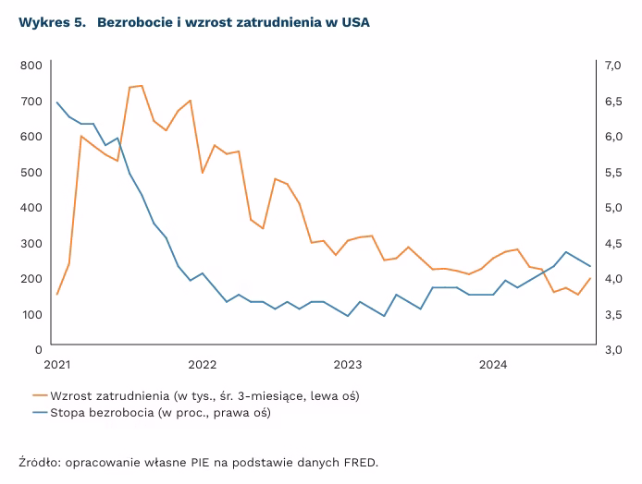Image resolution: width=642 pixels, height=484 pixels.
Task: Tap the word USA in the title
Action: pyautogui.click(x=354, y=22)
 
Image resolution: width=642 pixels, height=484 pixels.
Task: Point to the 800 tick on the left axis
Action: pyautogui.click(x=31, y=65)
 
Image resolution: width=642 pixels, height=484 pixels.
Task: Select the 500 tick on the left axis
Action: pyautogui.click(x=31, y=172)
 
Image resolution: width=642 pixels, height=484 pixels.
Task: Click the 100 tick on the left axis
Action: pyautogui.click(x=31, y=314)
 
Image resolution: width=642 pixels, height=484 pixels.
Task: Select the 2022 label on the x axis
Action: pyautogui.click(x=202, y=365)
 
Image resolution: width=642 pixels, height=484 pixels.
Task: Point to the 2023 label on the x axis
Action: pyautogui.click(x=348, y=365)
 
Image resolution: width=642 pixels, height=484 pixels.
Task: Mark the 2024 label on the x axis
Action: pyautogui.click(x=494, y=365)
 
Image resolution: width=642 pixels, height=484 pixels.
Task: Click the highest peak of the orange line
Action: pyautogui.click(x=142, y=86)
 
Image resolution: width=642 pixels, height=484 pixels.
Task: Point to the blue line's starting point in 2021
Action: pyautogui.click(x=57, y=103)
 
